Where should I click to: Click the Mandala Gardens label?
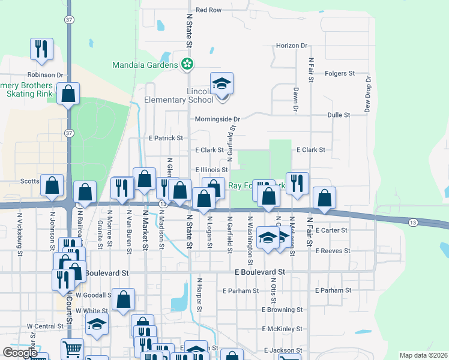[x=145, y=64]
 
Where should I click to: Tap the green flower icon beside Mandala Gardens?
[x=187, y=64]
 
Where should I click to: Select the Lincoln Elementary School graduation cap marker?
[x=221, y=84]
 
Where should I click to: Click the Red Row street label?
[x=209, y=10]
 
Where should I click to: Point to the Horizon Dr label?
[x=292, y=46]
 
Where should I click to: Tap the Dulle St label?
[x=339, y=115]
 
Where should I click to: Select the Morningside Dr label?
[x=217, y=119]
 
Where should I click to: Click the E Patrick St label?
[x=166, y=138]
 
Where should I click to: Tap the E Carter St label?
[x=331, y=230]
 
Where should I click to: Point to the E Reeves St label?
[x=332, y=251]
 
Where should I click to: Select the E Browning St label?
[x=283, y=310]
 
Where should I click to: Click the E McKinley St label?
[x=283, y=329]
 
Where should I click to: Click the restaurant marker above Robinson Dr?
[x=41, y=50]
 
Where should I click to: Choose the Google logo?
[x=20, y=353]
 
